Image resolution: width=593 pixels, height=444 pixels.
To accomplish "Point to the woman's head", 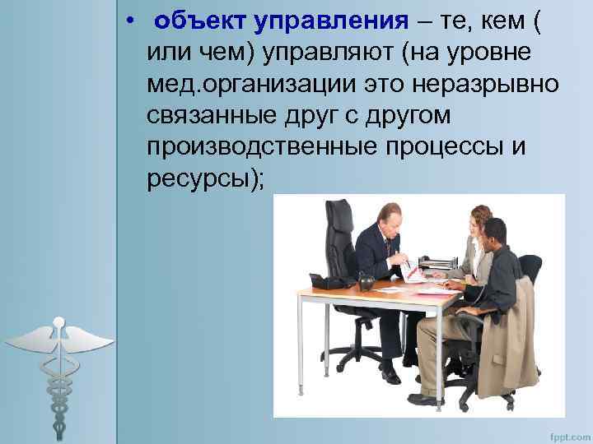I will point(480,220).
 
